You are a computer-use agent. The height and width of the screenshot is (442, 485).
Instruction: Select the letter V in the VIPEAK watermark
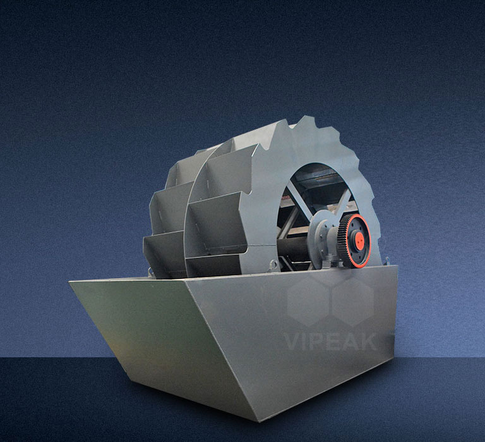[x=292, y=342]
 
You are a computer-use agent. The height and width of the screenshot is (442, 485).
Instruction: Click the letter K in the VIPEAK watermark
[x=368, y=342]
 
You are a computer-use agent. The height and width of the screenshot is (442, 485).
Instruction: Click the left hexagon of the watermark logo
[x=308, y=301]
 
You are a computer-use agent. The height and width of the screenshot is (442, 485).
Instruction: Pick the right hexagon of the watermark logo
[x=353, y=301]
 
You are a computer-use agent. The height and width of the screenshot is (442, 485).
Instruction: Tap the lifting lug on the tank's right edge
[x=386, y=261]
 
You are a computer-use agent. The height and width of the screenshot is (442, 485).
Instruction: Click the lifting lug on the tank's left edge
[x=151, y=273]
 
